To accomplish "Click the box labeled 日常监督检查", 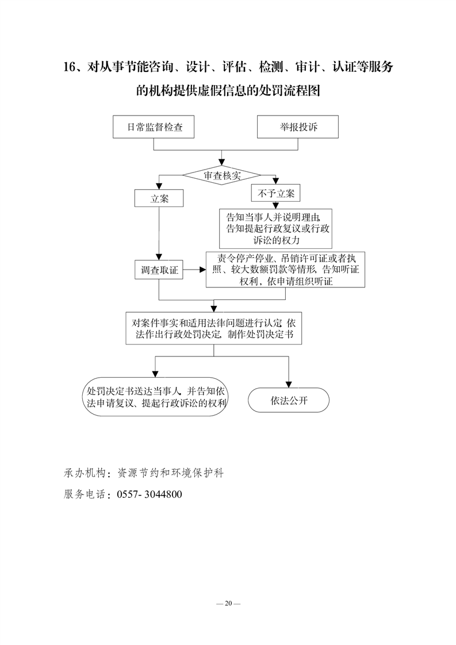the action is coord(154,126).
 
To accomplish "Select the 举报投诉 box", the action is coord(297,126).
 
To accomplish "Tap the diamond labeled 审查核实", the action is coord(222,176).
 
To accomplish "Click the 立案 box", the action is coord(159,198).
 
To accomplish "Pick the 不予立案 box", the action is coord(276,193).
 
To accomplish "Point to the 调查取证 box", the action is coord(159,270).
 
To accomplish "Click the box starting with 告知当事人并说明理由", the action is coord(276,229).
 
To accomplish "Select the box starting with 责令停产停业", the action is coord(286,270).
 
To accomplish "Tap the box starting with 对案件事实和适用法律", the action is coord(213,328).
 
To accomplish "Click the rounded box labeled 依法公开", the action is coord(289,400).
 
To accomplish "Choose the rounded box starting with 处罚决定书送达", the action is coord(155,397).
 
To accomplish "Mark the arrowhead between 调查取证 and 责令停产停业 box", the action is coord(202,270).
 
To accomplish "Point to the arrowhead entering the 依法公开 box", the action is coord(289,385).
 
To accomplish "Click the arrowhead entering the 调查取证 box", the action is coord(159,257).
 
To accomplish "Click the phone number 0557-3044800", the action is coord(150,494).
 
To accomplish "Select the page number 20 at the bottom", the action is coord(228,604).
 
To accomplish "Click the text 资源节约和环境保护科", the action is coord(170,473).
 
